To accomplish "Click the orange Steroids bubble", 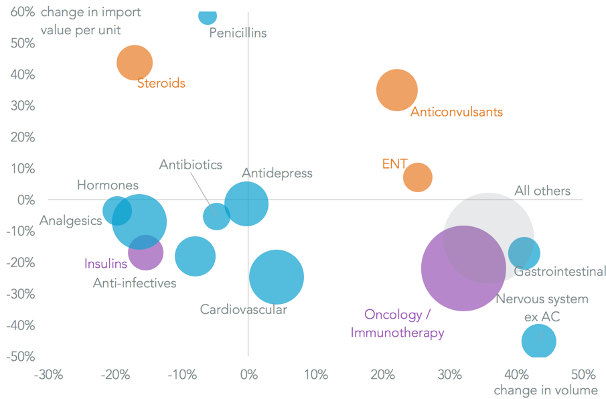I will [135, 62].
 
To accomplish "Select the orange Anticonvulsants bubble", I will [397, 90].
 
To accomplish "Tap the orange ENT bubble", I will [418, 177].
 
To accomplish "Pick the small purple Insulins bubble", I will [146, 252].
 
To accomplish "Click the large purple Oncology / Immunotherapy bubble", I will [463, 268].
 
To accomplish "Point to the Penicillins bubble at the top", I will [208, 15].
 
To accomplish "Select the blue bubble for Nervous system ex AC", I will [539, 341].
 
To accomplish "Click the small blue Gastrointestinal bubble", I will [524, 253].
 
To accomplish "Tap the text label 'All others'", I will [542, 191].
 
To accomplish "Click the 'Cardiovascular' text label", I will [243, 309].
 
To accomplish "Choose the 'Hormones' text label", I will [108, 185].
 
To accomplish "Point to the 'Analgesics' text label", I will [70, 220].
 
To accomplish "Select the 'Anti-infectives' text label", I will [135, 283].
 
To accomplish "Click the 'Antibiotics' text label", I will [190, 165].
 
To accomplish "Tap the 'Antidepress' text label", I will [277, 173].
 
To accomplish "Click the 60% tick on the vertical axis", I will [22, 11].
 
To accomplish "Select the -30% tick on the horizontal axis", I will [48, 374].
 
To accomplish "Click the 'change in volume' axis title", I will [545, 390].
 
